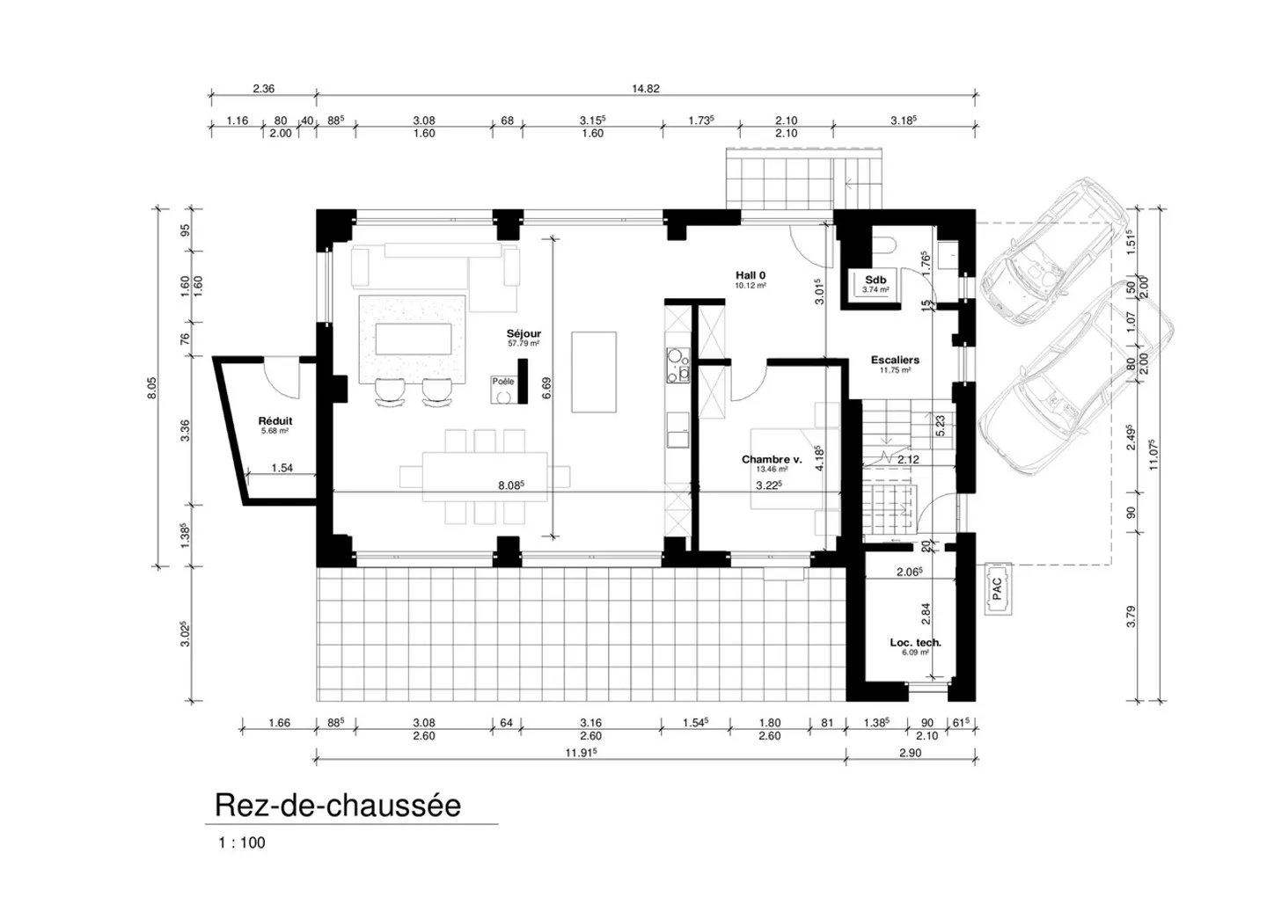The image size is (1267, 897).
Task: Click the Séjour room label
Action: point(524,334)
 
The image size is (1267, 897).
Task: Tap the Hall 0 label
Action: point(751,276)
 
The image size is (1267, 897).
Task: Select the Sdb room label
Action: point(875,281)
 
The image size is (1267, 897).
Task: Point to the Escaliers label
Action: point(895,361)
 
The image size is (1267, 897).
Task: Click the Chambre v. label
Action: point(771,460)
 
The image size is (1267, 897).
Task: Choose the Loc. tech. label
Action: point(915,643)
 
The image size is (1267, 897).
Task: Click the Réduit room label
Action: point(275,421)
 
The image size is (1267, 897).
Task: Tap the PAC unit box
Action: point(997,588)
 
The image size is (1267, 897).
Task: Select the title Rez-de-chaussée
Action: point(338,806)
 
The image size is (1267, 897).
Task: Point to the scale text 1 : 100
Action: point(242,842)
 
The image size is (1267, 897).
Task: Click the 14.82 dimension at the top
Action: point(645,88)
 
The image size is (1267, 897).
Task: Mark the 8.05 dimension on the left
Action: point(151,388)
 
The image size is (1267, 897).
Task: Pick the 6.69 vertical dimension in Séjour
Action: point(546,387)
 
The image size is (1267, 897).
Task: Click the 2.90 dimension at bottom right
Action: point(910,754)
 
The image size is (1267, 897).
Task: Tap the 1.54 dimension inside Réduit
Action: point(282,468)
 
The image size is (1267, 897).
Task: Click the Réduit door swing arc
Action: point(283,378)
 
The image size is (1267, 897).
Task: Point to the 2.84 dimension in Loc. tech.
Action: point(925,613)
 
